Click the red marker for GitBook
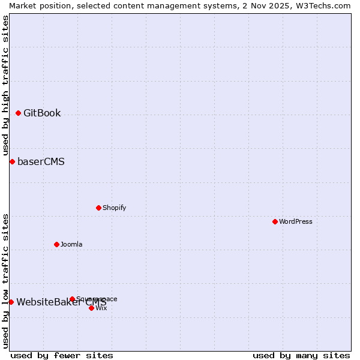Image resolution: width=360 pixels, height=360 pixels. (18, 113)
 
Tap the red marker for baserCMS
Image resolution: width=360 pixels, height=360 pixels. (12, 162)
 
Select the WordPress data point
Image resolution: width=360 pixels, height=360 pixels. (275, 222)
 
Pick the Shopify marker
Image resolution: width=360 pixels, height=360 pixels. (98, 208)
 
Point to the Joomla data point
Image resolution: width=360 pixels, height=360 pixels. (56, 245)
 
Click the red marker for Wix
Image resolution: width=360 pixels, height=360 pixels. (91, 308)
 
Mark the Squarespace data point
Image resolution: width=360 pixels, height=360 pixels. (72, 299)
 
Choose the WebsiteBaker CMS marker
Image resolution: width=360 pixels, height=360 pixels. (11, 302)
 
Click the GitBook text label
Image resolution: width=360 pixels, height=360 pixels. (42, 113)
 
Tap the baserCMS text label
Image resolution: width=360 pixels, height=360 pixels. (41, 162)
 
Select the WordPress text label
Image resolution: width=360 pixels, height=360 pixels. (296, 222)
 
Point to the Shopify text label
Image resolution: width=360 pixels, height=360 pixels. (114, 208)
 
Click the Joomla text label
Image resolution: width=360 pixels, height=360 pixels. (71, 245)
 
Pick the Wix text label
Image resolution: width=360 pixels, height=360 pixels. (101, 308)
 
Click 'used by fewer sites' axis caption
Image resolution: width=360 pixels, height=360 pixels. (62, 355)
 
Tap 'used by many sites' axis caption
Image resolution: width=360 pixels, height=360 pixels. (301, 355)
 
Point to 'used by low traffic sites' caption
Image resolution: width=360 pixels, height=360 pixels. (5, 281)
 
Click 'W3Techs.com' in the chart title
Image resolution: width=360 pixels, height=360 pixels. (325, 5)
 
